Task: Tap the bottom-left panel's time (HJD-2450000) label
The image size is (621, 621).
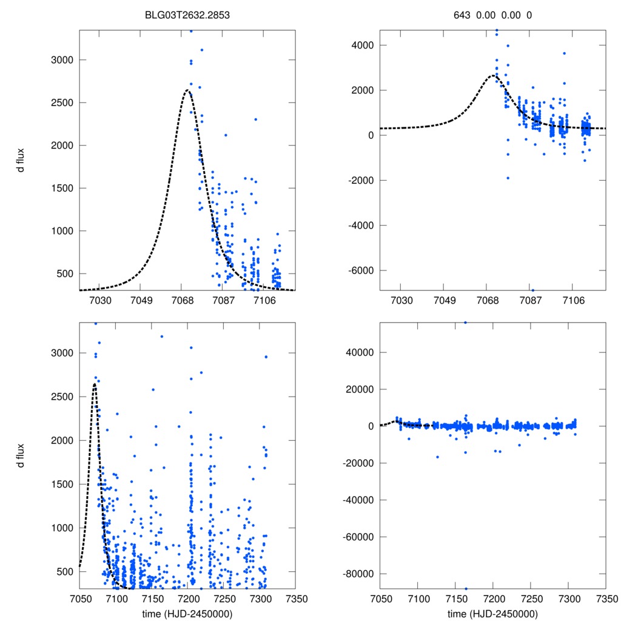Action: click(x=187, y=613)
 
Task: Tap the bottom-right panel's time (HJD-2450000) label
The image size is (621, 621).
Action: click(x=492, y=613)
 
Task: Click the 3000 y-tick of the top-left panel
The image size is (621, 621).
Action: click(x=64, y=60)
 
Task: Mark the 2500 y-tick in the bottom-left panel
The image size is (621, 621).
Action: click(x=64, y=397)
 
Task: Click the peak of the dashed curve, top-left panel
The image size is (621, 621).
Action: click(x=187, y=90)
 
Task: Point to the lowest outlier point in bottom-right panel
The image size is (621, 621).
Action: click(x=466, y=588)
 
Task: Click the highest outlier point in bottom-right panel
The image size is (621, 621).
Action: click(x=465, y=323)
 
